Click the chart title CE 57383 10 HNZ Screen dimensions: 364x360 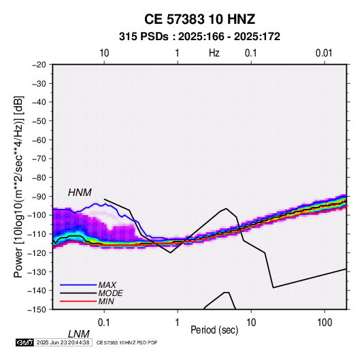199,19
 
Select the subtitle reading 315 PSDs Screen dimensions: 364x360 144,37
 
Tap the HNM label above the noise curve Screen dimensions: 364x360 80,193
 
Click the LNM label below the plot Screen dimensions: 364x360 78,334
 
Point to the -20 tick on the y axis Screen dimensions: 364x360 39,65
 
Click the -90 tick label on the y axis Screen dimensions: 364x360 39,196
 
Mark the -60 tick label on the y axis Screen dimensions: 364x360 39,140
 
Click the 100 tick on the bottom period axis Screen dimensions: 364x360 325,323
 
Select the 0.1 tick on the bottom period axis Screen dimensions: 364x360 104,323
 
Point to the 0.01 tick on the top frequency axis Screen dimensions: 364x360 324,53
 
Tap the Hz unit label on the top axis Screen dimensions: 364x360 214,53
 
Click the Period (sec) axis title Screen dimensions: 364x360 214,330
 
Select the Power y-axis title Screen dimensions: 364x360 18,186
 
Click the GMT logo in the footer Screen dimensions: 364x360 24,342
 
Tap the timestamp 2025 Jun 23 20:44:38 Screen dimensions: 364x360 63,342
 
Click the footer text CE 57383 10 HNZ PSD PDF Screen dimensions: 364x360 127,342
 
